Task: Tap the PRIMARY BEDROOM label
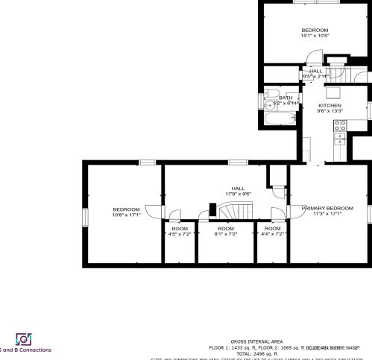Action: click(x=327, y=208)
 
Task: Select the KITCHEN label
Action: click(x=330, y=106)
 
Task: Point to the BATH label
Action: click(x=286, y=98)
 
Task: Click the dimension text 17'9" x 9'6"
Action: click(x=238, y=194)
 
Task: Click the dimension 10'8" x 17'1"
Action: click(x=125, y=215)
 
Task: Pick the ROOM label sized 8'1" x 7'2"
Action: click(x=225, y=228)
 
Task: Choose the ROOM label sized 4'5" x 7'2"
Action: click(x=180, y=228)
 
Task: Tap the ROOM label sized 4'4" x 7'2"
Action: click(x=272, y=228)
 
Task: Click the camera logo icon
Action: click(x=23, y=339)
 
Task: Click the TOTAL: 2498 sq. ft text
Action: click(x=252, y=353)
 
